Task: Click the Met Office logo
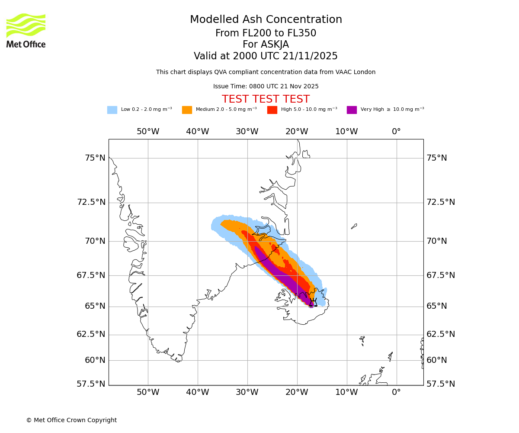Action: tap(26, 30)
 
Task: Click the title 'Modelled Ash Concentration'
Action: tap(266, 20)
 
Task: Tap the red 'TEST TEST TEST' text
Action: tap(266, 100)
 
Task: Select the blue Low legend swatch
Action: tap(112, 110)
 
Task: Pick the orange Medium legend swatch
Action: tap(187, 110)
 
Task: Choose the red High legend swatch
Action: tap(272, 110)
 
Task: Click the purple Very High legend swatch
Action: tap(352, 110)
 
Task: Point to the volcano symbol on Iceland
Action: tap(313, 302)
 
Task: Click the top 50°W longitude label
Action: tap(148, 132)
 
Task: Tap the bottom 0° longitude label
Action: tap(396, 392)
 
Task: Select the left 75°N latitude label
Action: tap(95, 158)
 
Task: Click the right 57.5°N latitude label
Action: tap(441, 384)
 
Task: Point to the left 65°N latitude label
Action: tap(95, 306)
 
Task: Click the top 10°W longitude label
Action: tap(346, 132)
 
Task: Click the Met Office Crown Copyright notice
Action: tap(71, 420)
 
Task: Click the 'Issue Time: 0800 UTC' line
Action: tap(266, 87)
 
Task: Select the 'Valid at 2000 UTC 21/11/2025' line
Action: tap(266, 56)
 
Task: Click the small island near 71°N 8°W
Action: tap(354, 226)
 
